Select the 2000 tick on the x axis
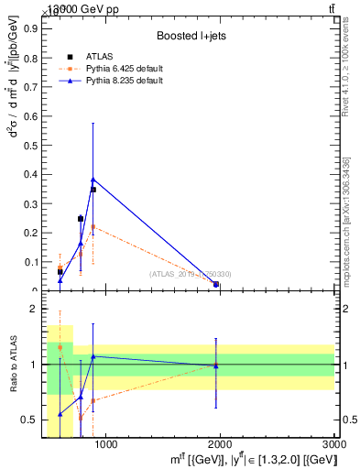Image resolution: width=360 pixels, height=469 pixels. tap(220, 444)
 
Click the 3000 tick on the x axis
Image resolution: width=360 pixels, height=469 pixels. tap(335, 444)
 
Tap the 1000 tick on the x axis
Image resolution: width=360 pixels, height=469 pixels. tap(105, 444)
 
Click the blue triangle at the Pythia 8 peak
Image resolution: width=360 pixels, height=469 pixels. tap(93, 180)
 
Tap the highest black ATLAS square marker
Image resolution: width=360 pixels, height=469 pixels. tap(93, 190)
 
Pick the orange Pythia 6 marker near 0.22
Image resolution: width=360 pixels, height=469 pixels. tap(93, 226)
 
